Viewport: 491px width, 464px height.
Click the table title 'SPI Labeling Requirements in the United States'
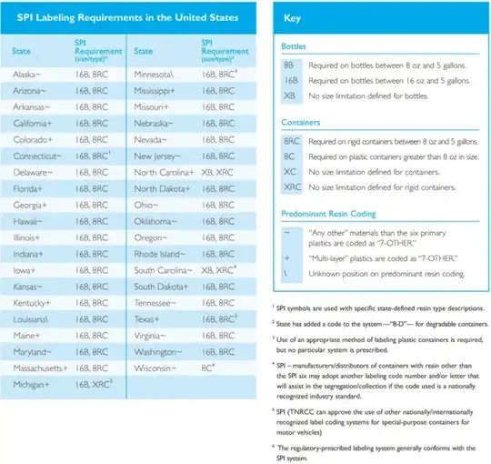coord(127,17)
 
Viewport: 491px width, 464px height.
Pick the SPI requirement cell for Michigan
coord(95,388)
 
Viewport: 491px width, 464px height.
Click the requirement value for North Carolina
coord(220,173)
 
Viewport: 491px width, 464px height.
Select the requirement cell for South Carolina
coord(221,271)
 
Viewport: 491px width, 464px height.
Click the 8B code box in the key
coord(289,67)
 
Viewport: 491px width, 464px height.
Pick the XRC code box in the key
coord(292,187)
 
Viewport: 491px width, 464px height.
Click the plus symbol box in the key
coord(289,257)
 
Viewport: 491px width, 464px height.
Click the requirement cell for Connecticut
coord(95,156)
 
